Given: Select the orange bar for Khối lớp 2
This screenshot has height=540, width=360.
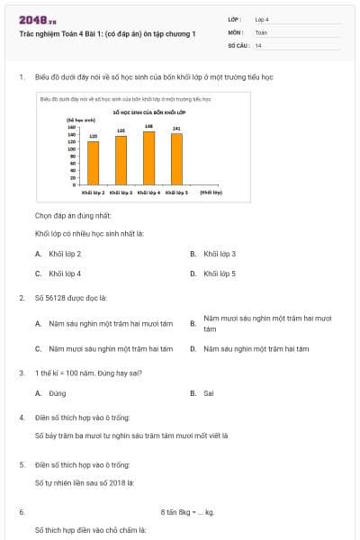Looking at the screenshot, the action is tap(93, 162).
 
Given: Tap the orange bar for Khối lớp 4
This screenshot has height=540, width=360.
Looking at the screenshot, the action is tap(148, 157).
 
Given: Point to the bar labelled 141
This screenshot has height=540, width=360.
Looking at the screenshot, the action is tap(176, 158).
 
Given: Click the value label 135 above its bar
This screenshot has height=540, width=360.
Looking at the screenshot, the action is tap(121, 130).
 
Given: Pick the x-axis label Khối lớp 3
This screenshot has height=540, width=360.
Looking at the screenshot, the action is tap(121, 193).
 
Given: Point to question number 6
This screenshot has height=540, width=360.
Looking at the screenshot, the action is tap(21, 512).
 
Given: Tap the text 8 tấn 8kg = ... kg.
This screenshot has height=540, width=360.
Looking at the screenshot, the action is tap(187, 512).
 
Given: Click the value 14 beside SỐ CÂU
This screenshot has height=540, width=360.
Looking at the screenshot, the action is tap(259, 45).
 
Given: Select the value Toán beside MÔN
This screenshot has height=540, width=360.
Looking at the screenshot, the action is tap(261, 31).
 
